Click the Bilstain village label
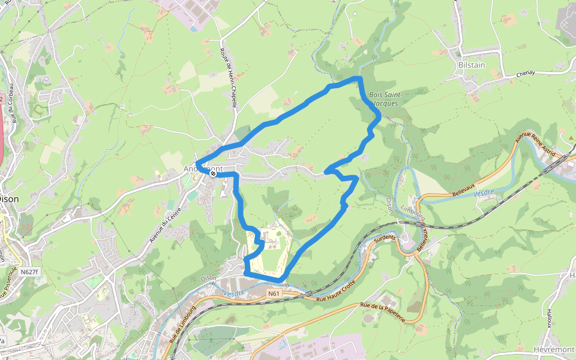click(x=470, y=64)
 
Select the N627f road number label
click(x=29, y=272)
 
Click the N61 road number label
click(x=274, y=293)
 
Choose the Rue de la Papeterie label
click(x=383, y=313)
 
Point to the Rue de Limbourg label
click(x=182, y=323)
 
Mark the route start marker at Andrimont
click(x=213, y=173)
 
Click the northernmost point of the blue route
click(x=359, y=78)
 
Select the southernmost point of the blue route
click(x=281, y=280)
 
